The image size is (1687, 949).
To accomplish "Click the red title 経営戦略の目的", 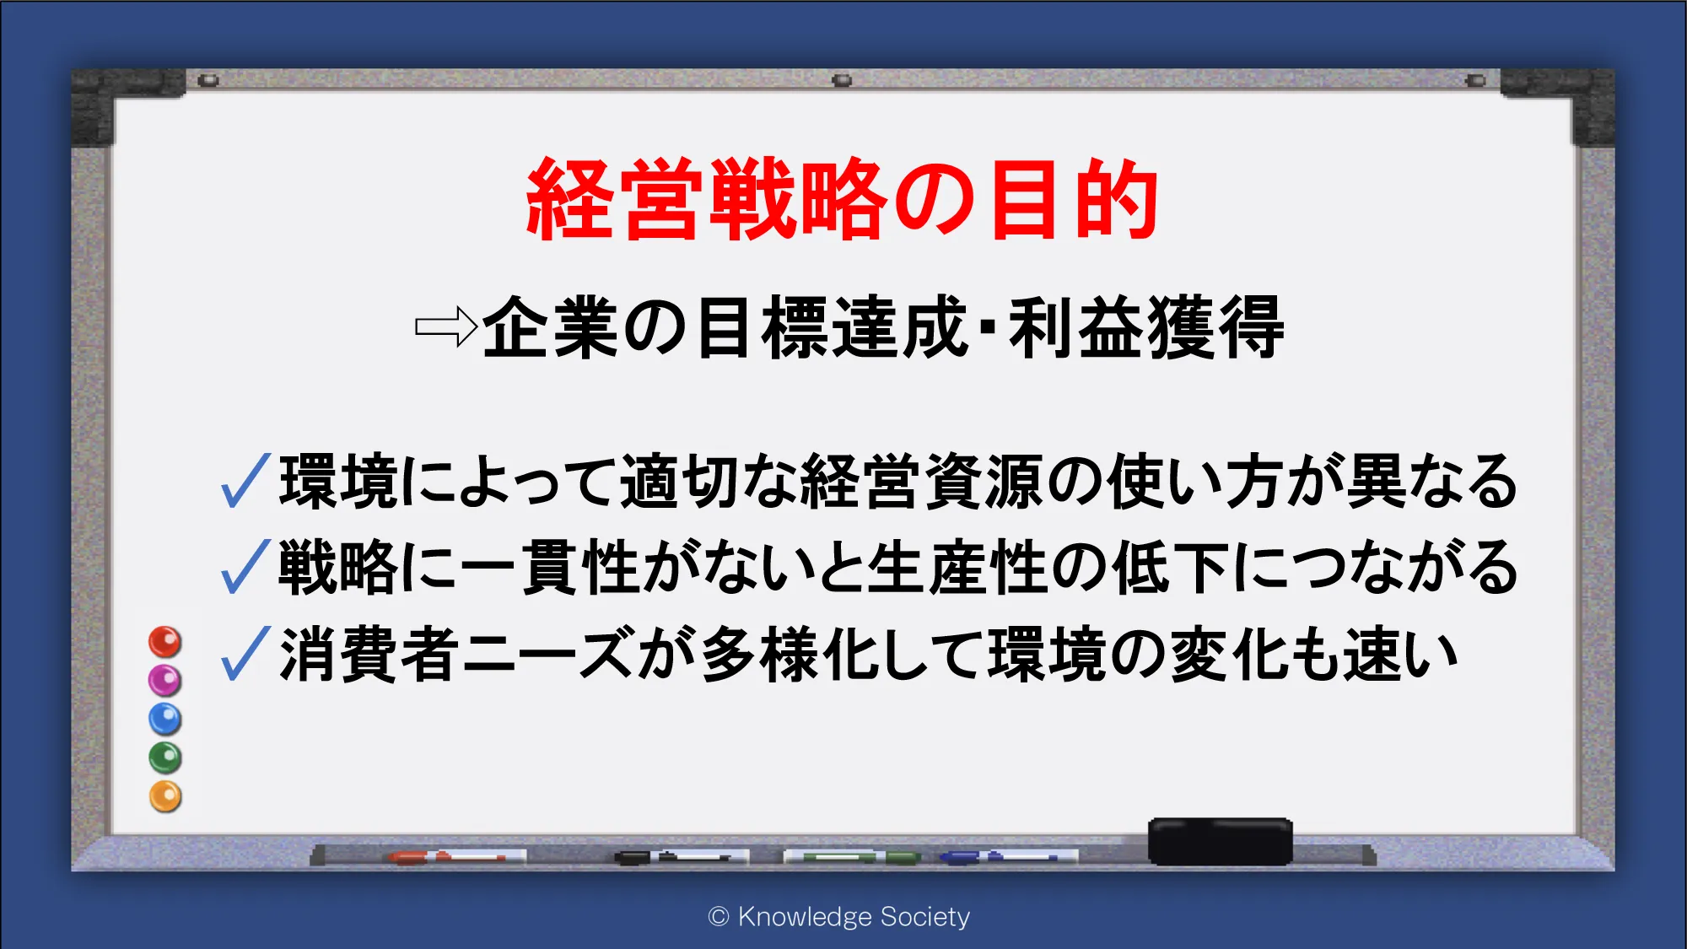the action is point(842,199).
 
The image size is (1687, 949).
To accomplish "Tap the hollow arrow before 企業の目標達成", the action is point(446,326).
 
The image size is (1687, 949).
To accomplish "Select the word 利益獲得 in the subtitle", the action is point(1146,327).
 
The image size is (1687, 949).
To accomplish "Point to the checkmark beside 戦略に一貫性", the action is point(245,566).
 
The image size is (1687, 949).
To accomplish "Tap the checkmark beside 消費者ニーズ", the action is point(245,653).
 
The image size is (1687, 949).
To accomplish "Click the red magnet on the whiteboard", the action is point(165,642).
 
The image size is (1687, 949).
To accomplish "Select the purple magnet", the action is point(165,680).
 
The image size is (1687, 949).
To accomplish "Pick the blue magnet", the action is point(165,719).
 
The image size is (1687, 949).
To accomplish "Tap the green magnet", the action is point(165,758).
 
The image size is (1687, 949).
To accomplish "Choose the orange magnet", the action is point(165,796).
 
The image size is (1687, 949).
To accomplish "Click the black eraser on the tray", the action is point(1220,841).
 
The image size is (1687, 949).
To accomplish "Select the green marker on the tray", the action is point(852,857).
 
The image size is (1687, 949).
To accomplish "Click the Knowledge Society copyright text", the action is point(839,917).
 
